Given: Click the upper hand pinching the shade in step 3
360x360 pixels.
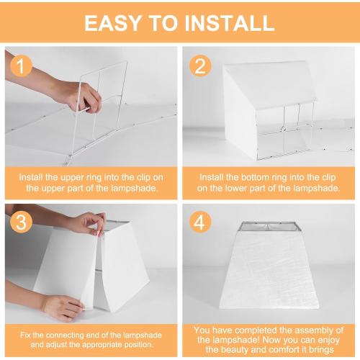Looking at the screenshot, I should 86,223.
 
